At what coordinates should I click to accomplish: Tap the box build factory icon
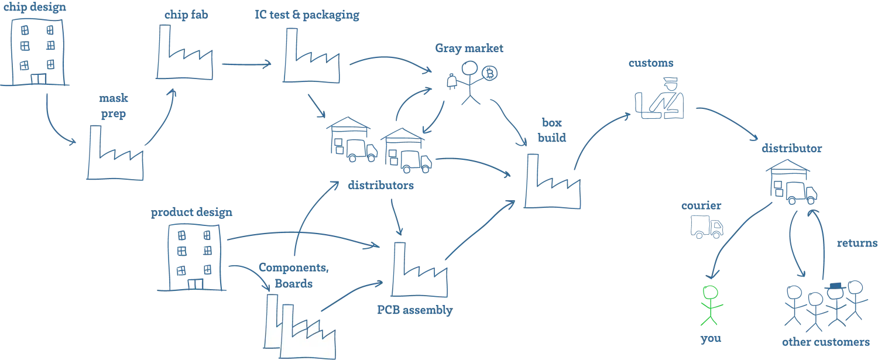tap(553, 184)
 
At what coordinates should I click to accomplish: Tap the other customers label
tap(826, 341)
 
